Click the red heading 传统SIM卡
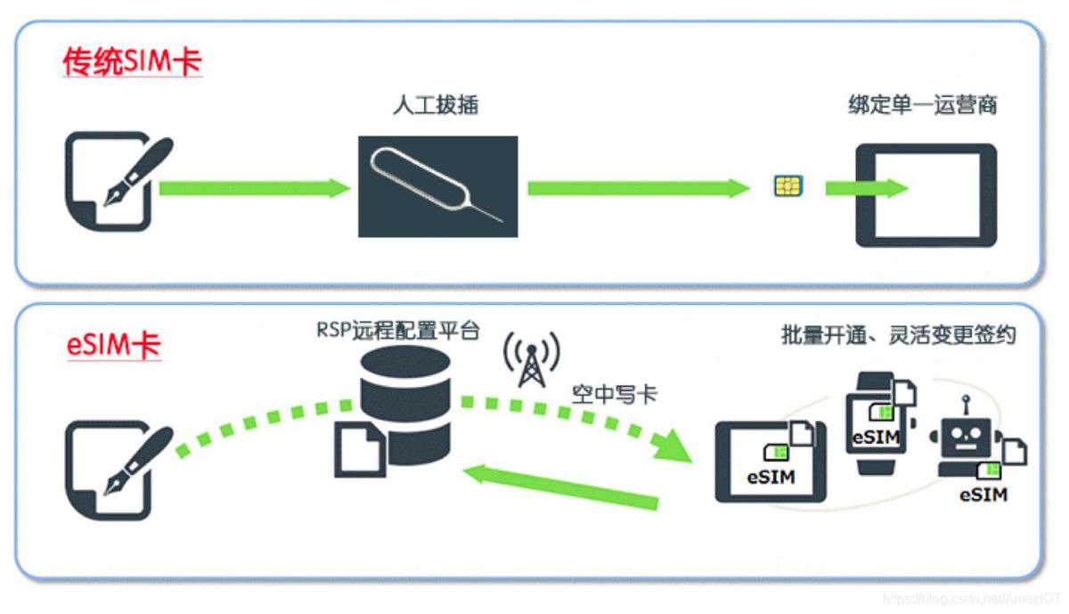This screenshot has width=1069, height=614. click(132, 62)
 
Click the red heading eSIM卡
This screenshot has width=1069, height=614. click(113, 344)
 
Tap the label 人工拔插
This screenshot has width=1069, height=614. click(436, 105)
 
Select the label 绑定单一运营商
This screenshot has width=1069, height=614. click(922, 105)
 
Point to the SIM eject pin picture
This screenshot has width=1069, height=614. click(437, 186)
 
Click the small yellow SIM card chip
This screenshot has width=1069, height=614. click(787, 186)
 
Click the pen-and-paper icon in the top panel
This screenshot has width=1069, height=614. click(113, 180)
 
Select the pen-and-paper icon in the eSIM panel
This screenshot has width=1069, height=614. click(113, 470)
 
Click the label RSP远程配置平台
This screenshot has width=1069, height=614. click(398, 332)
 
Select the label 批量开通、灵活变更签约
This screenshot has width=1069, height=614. click(898, 335)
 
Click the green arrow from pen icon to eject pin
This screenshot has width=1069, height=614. click(255, 188)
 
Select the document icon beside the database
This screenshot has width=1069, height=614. click(360, 450)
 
